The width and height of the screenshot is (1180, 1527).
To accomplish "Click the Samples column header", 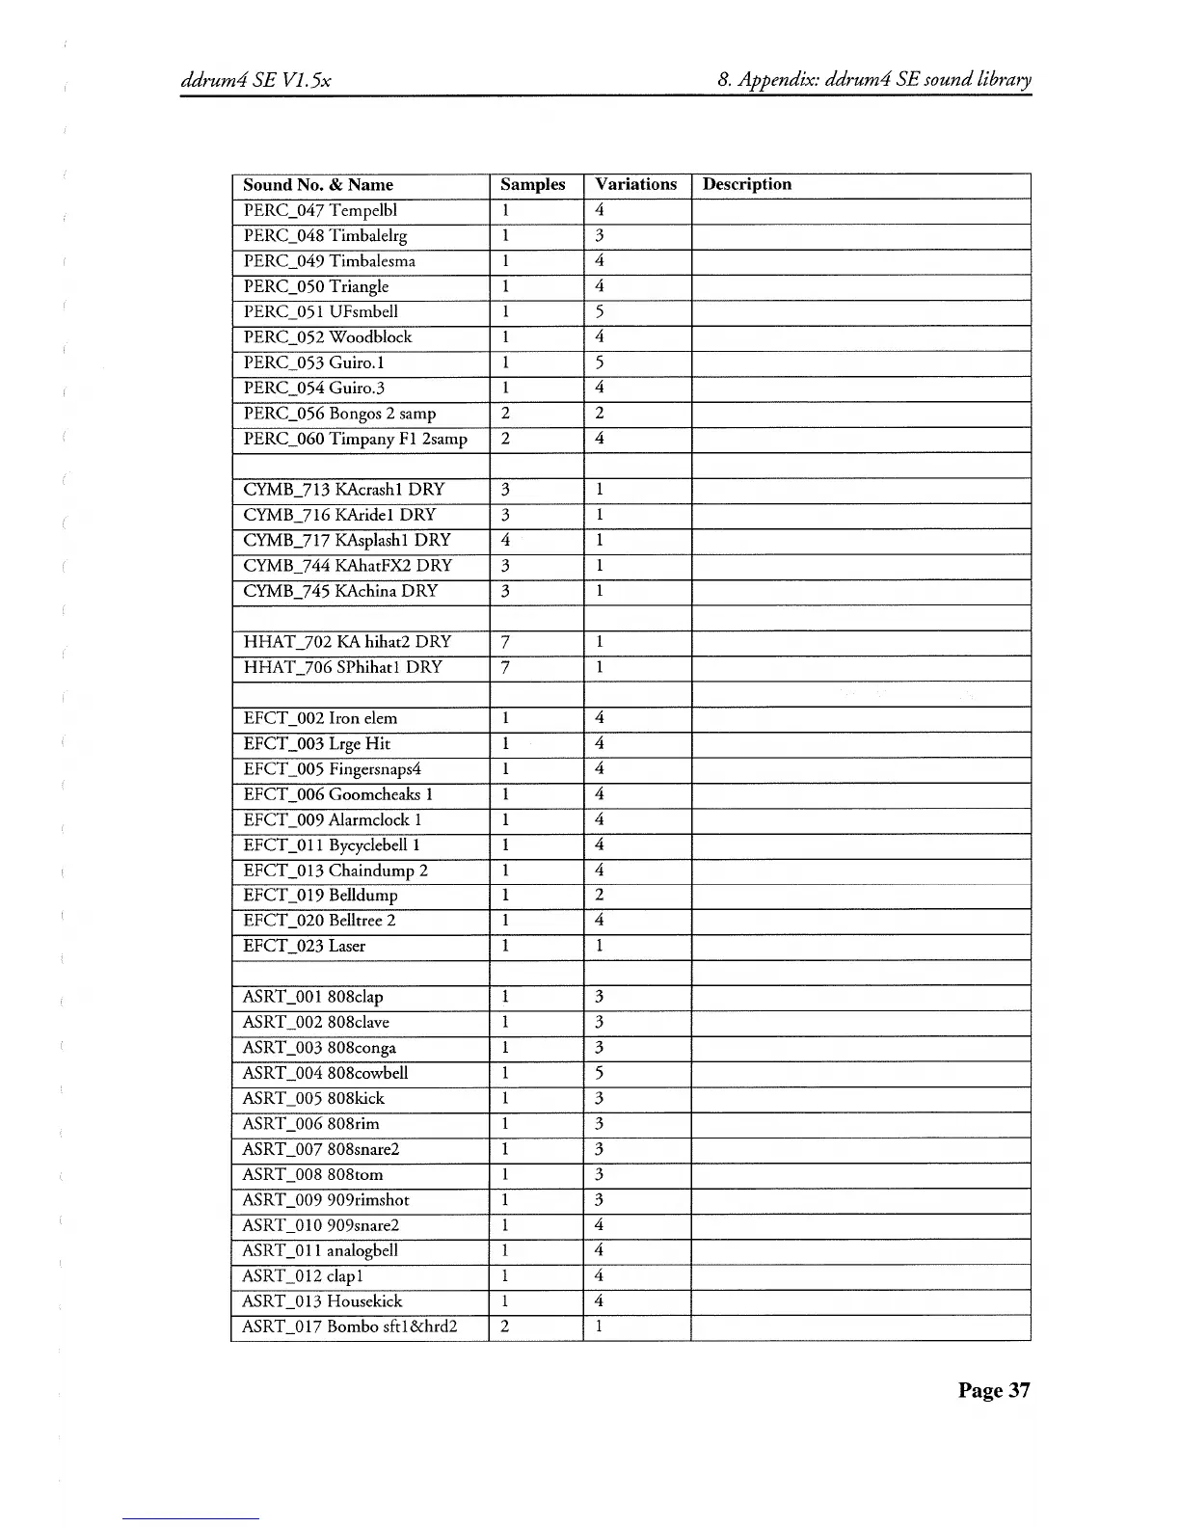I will pos(532,185).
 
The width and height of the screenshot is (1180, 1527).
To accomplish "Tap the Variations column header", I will pos(635,184).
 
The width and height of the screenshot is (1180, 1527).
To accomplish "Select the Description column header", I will pos(746,184).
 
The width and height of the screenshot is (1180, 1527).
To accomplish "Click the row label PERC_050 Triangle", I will pos(316,286).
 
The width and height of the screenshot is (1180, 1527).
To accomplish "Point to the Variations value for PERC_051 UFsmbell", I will pos(599,311).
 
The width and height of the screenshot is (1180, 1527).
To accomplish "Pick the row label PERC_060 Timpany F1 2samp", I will pos(355,439).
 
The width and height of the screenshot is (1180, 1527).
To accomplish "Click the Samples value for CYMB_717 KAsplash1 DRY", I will pos(505,540).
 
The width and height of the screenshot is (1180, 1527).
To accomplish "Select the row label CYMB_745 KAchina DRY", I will pos(340,591).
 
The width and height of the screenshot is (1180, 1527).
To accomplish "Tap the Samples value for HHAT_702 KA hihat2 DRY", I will pos(505,642).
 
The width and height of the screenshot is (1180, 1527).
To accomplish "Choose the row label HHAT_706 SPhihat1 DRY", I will pos(342,667).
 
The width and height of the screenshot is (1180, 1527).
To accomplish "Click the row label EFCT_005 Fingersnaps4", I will pos(332,769).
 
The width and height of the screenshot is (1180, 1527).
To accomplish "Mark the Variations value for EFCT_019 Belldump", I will pos(599,896).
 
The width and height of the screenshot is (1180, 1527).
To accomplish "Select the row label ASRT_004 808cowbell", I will pos(325,1073).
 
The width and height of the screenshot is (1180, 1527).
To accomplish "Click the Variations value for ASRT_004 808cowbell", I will pos(599,1073).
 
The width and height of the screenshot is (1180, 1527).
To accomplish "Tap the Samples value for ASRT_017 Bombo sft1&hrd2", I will pos(504,1326).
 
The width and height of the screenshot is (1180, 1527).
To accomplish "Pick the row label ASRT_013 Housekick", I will pos(322,1301).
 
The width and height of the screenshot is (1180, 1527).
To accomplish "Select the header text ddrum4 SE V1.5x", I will pos(256,80).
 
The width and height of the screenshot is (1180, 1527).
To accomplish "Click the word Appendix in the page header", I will pos(773,80).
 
